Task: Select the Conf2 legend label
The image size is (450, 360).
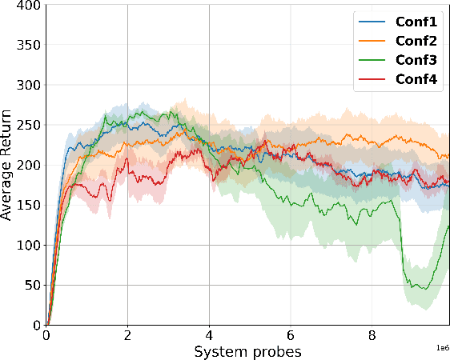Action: [x=416, y=41]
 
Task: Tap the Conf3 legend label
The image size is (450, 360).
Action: [x=416, y=60]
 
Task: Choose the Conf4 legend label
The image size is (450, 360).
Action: [x=416, y=79]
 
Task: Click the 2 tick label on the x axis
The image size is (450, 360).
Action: [x=127, y=336]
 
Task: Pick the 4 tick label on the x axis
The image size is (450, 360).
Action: [x=209, y=336]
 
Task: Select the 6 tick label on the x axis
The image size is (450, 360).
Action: [x=291, y=336]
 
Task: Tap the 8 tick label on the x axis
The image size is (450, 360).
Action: [x=372, y=336]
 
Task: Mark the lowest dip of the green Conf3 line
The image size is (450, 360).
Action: [x=424, y=289]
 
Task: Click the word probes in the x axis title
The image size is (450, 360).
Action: [x=275, y=351]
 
